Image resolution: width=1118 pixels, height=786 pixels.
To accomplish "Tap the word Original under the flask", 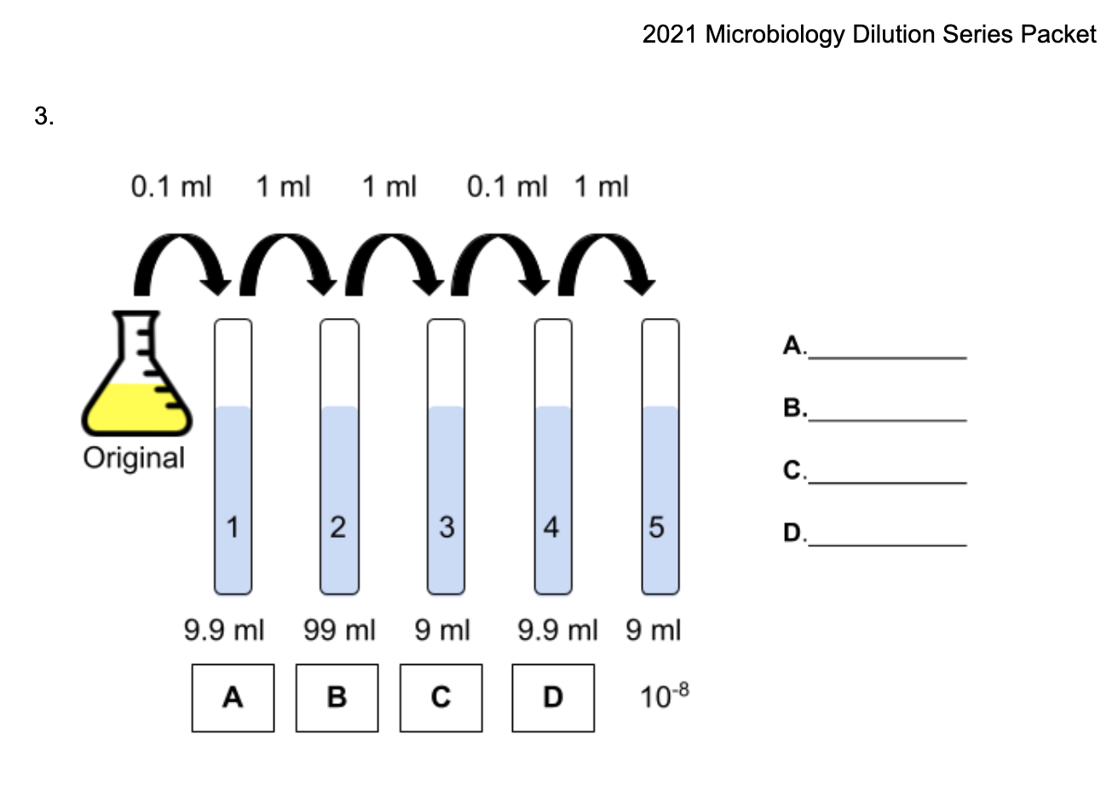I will [x=134, y=458].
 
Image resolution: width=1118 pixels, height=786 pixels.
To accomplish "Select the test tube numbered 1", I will [x=233, y=456].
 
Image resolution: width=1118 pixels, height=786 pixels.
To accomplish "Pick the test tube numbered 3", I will [x=446, y=456].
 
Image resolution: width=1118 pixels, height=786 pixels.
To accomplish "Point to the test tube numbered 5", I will [x=660, y=456].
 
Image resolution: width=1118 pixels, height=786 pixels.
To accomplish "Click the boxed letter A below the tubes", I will [x=233, y=698].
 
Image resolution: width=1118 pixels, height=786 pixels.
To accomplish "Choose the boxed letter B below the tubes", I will [x=337, y=698].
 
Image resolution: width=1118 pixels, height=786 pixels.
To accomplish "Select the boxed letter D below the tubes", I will [x=553, y=698].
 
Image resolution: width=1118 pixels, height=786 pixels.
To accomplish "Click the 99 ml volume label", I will [x=339, y=633].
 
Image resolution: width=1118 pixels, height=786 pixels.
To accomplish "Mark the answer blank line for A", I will [x=888, y=357].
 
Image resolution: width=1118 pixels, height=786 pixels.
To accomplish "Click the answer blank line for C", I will [x=888, y=483].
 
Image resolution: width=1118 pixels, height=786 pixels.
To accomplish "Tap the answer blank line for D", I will [x=888, y=544].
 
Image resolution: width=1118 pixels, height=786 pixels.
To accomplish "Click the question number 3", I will [x=43, y=118].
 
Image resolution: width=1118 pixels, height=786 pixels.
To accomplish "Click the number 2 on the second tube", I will [x=337, y=529].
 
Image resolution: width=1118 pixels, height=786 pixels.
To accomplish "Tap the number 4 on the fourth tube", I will [x=552, y=529].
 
